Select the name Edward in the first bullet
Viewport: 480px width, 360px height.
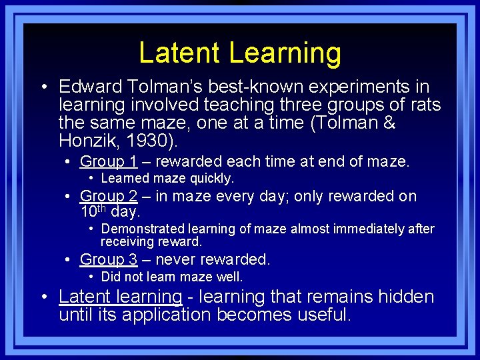point(89,87)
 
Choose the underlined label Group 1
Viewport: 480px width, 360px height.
point(109,161)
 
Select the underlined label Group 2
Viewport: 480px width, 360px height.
point(109,196)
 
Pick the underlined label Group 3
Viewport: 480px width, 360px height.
point(109,259)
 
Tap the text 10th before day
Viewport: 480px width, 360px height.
point(93,211)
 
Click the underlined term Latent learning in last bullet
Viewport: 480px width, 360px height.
point(120,297)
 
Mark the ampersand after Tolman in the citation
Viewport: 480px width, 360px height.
point(390,122)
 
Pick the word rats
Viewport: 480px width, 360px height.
point(424,105)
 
